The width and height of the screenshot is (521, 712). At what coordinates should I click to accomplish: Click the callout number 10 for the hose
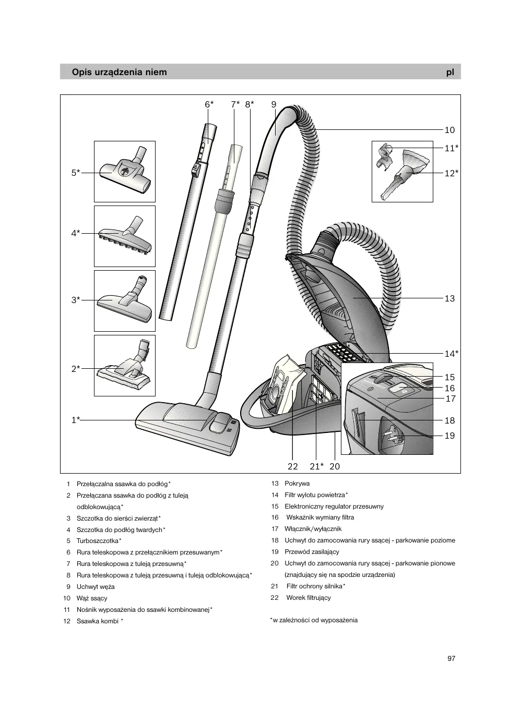pyautogui.click(x=449, y=130)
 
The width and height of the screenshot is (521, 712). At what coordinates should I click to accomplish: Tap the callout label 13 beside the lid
pyautogui.click(x=449, y=298)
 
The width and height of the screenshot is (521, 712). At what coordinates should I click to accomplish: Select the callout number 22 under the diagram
pyautogui.click(x=293, y=466)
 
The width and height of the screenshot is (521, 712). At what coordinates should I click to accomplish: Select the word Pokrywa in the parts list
pyautogui.click(x=297, y=484)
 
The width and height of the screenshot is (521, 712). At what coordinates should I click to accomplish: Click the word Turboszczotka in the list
pyautogui.click(x=98, y=541)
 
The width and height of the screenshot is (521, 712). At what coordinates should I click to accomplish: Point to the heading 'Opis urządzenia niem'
pyautogui.click(x=120, y=72)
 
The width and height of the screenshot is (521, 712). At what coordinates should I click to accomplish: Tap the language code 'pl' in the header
pyautogui.click(x=450, y=72)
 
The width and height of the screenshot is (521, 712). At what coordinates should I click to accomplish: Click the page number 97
pyautogui.click(x=452, y=658)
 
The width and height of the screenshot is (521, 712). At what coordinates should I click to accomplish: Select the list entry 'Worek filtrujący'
pyautogui.click(x=308, y=598)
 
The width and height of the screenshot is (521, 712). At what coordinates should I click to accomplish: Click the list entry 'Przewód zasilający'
pyautogui.click(x=312, y=552)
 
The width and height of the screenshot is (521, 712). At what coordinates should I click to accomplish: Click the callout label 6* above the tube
pyautogui.click(x=209, y=104)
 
